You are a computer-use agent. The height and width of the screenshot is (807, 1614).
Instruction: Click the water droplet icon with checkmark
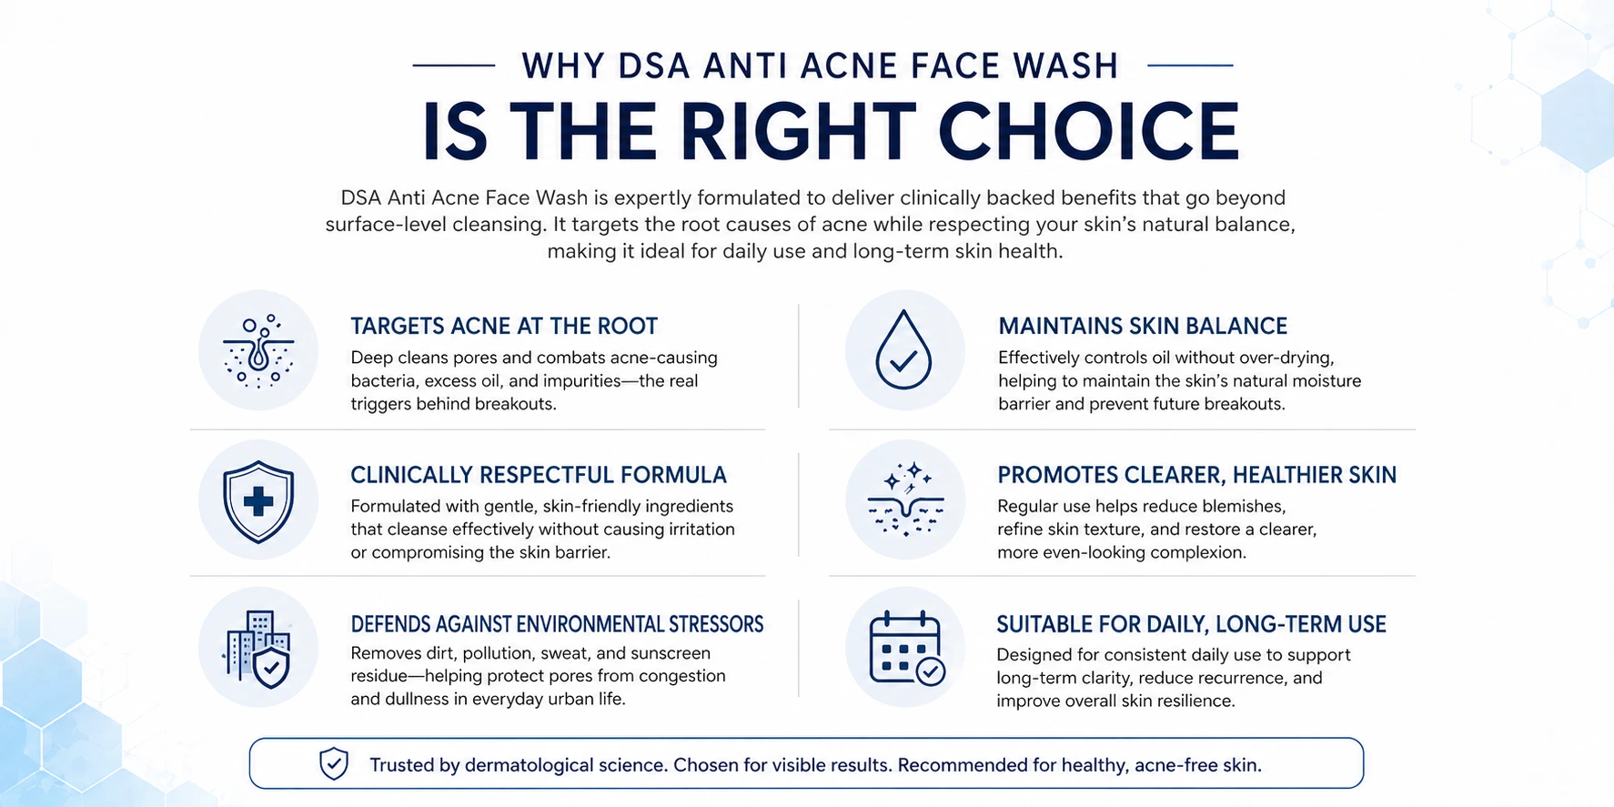pos(903,351)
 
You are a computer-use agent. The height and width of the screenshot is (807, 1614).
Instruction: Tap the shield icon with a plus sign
pos(258,501)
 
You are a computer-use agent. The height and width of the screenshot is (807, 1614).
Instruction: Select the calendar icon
pos(905,648)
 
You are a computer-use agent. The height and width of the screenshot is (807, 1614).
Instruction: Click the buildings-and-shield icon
pos(258,648)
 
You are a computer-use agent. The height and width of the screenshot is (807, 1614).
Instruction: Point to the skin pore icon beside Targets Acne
pos(258,351)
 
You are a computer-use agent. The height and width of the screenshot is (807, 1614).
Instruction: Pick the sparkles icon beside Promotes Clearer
pos(905,499)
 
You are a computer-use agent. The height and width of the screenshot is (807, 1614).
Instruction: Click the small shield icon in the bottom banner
pos(334,764)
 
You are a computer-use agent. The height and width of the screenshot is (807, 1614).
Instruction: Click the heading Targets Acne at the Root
pos(504,326)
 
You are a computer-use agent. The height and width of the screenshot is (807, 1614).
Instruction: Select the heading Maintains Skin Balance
pos(1143,326)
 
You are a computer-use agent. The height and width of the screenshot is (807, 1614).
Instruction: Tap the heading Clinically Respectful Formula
pos(539,475)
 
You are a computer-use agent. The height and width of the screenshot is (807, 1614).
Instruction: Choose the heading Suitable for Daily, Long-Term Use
pos(1191,624)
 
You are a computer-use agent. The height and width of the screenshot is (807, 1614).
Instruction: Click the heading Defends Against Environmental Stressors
pos(557,624)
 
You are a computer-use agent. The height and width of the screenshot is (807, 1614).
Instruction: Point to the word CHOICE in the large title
pos(1088,131)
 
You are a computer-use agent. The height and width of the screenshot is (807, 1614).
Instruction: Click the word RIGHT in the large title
pos(798,131)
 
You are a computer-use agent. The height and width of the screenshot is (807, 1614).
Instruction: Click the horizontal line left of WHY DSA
pos(453,66)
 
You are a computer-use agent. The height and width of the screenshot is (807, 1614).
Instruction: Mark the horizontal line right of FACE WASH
pos(1190,66)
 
